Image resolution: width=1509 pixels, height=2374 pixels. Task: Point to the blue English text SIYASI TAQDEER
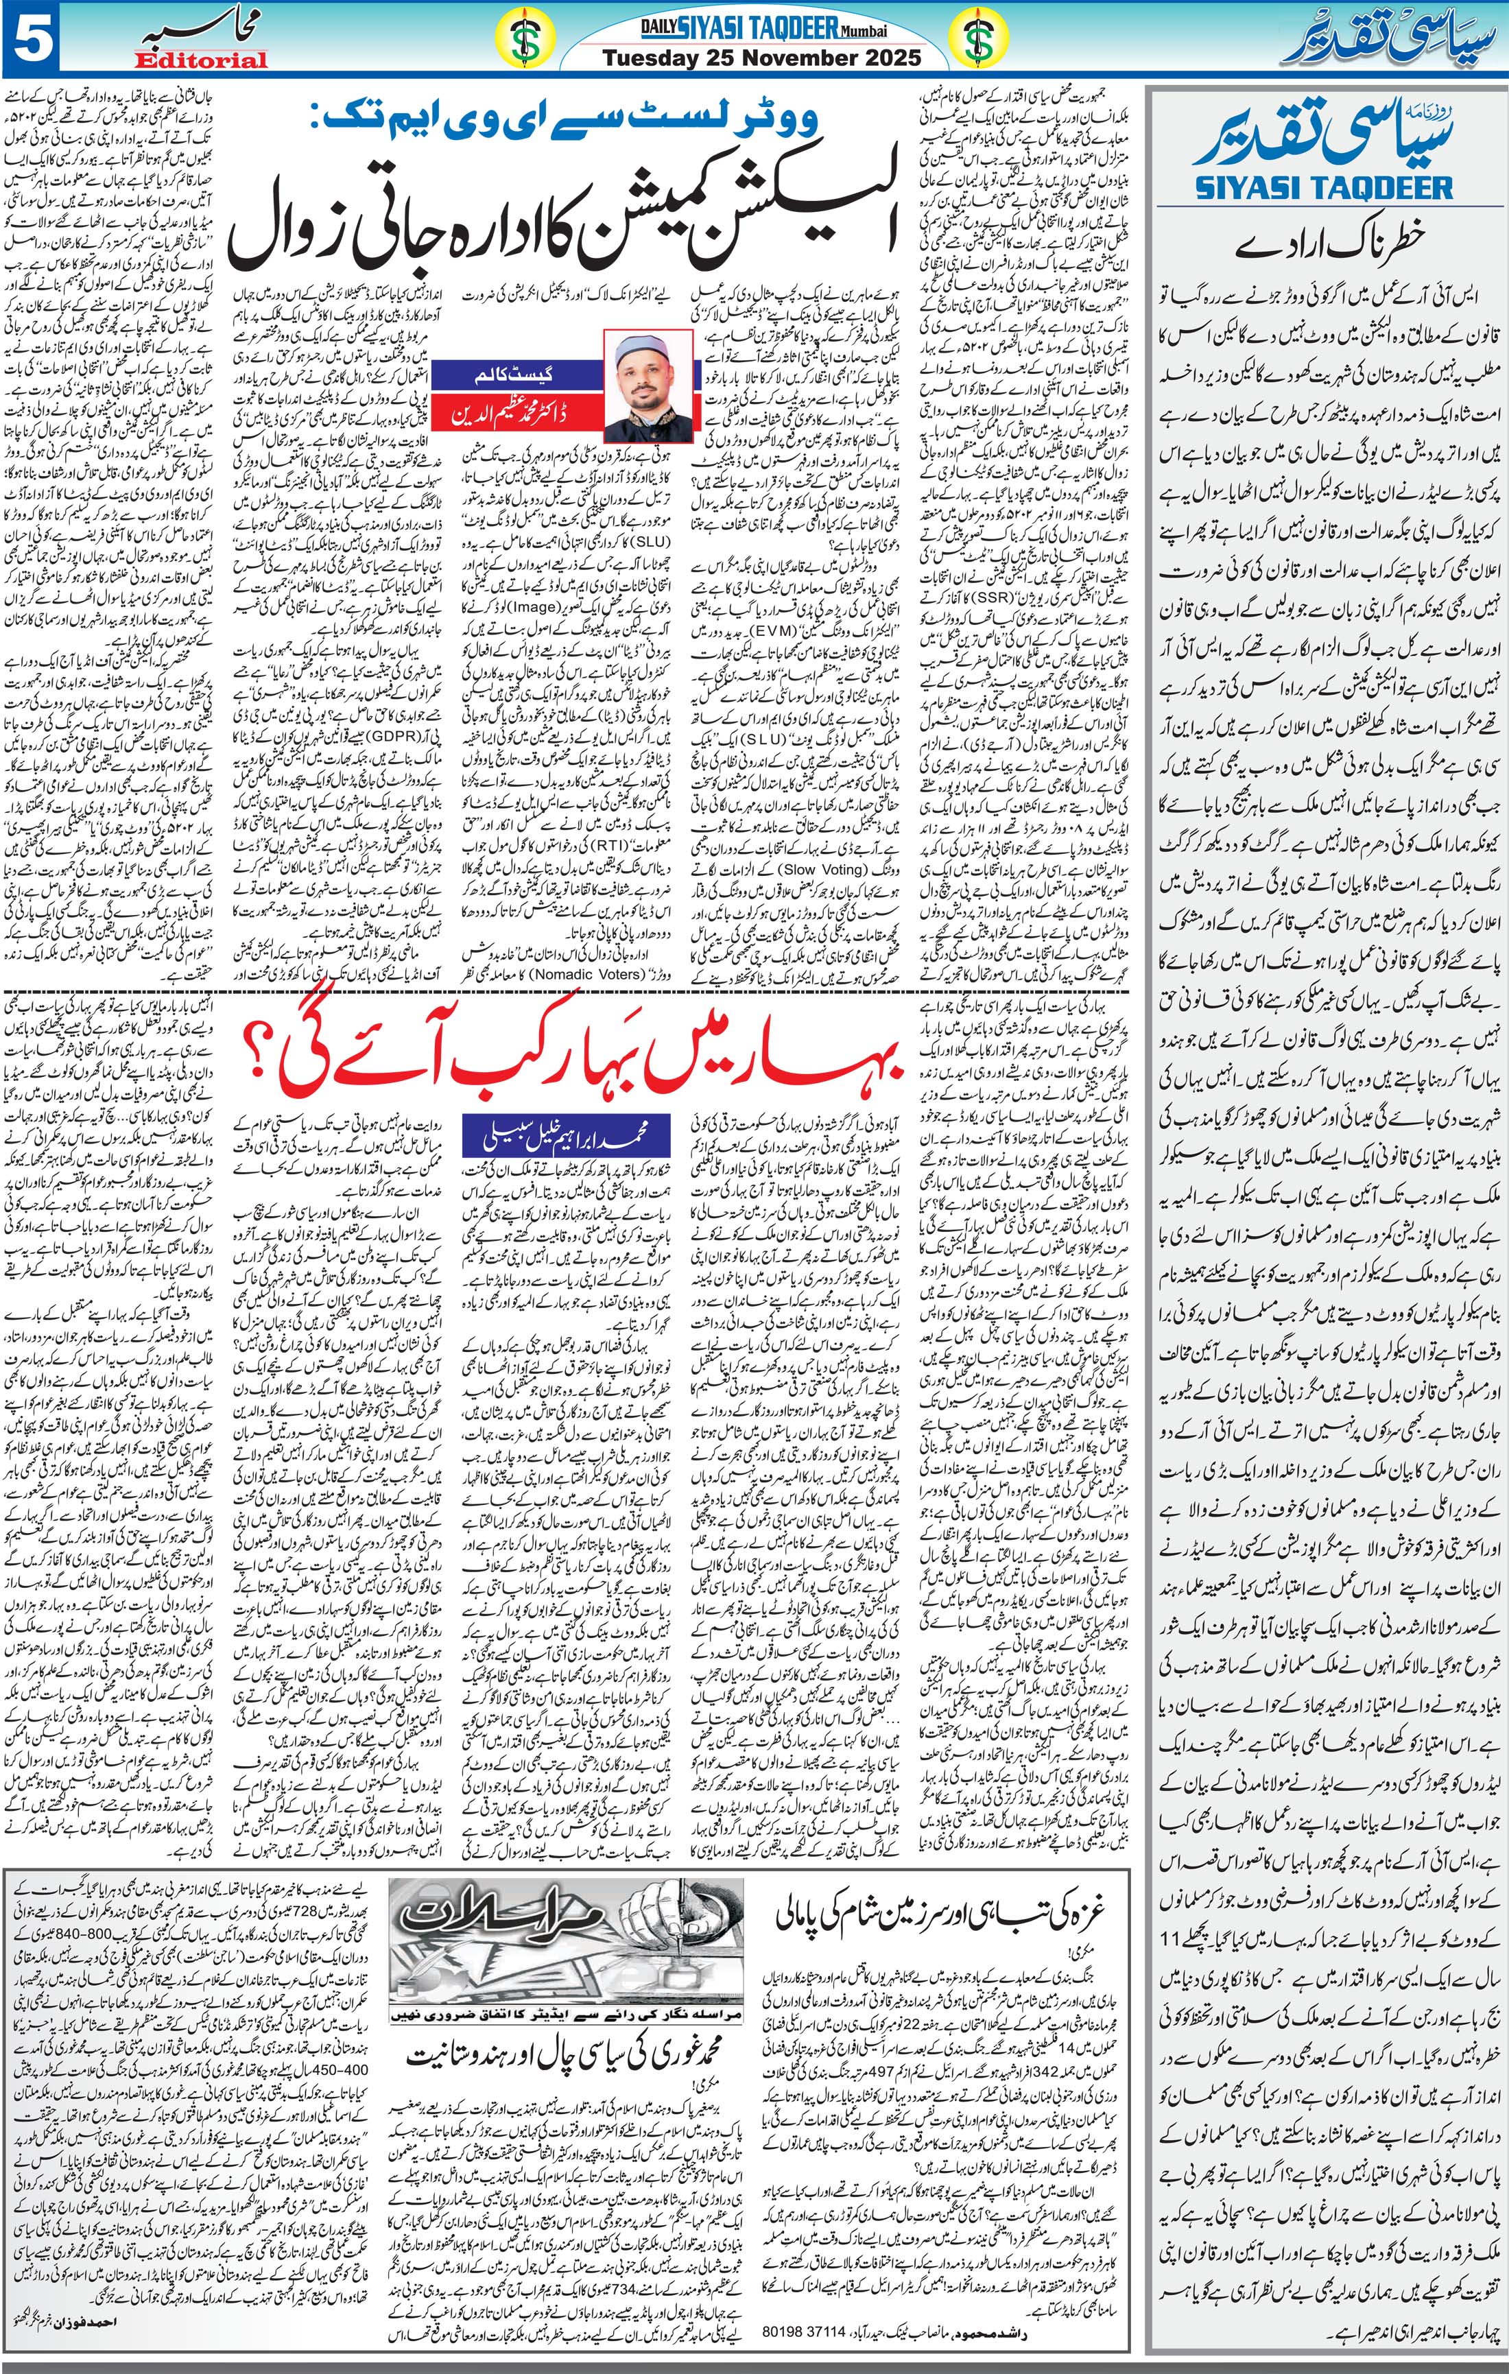coord(1324,187)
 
